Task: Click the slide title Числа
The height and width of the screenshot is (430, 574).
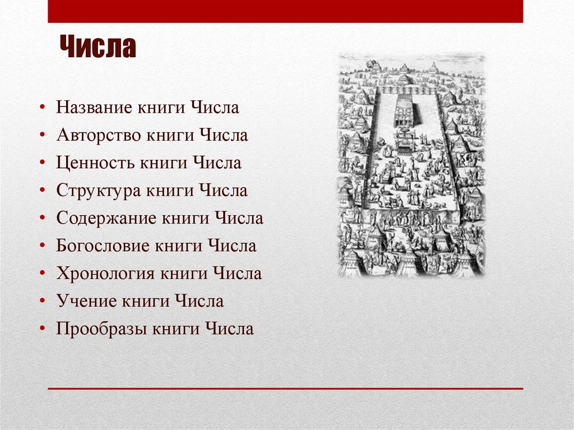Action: point(98,48)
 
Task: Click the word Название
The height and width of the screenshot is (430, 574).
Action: point(94,108)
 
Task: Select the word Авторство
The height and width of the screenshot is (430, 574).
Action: point(98,135)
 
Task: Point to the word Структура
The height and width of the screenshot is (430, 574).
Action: point(98,191)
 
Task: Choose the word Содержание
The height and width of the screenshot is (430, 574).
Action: point(105,218)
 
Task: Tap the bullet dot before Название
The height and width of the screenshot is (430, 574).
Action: point(43,108)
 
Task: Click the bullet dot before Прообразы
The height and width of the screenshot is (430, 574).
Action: point(43,329)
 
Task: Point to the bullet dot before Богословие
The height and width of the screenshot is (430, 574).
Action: point(43,246)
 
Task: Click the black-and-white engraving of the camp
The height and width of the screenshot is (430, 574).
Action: point(411,165)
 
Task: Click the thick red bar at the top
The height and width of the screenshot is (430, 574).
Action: point(285,11)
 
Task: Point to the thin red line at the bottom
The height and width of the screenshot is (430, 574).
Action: point(285,388)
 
